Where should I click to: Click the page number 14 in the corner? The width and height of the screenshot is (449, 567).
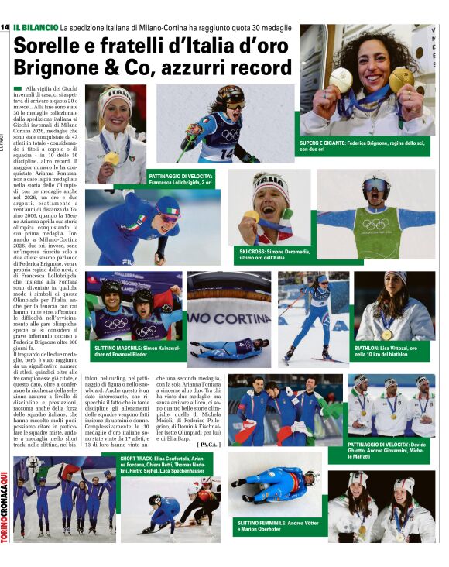(x=5, y=28)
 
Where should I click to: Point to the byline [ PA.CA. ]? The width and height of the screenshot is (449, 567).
(x=209, y=445)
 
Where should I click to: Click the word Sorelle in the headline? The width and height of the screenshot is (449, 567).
(x=50, y=45)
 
